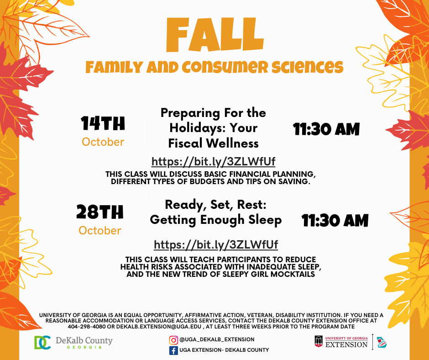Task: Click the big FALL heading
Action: pos(215,35)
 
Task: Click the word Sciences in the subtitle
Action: pos(307,67)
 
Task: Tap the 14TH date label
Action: pos(103,123)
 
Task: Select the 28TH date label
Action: pos(100,212)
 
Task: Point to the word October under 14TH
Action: pos(103,142)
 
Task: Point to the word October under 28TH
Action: pos(100,230)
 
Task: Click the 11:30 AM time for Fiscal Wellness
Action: pos(326,129)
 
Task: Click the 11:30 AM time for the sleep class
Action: pos(335,221)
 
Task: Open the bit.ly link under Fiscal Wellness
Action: pos(214,162)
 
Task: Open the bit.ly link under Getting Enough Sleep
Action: pos(216,245)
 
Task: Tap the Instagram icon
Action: pos(173,340)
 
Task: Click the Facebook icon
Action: pos(173,350)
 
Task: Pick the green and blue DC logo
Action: pos(42,343)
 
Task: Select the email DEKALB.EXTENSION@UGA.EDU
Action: pos(159,327)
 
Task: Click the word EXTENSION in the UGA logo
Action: pos(346,344)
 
